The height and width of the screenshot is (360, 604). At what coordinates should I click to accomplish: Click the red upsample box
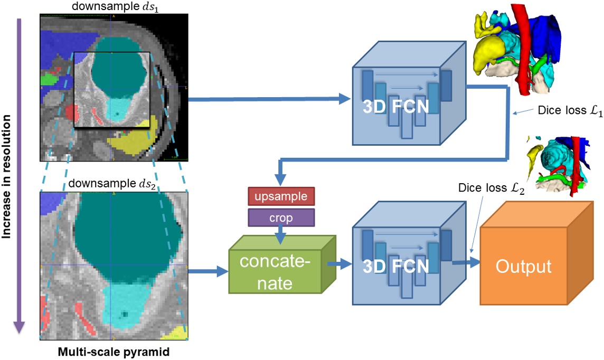click(281, 196)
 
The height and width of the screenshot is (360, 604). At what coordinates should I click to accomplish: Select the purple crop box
click(281, 217)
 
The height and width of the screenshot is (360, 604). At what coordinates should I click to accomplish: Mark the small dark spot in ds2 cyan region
click(125, 315)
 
